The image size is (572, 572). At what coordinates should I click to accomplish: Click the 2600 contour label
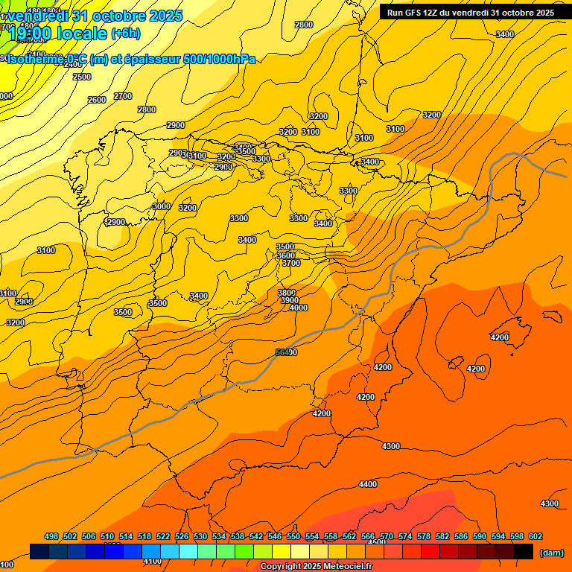click(97, 100)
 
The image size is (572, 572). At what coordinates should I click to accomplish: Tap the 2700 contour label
click(123, 96)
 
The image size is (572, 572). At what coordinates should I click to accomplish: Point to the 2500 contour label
click(82, 77)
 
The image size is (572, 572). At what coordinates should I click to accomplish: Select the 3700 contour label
click(291, 263)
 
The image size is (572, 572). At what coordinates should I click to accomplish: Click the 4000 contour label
click(299, 308)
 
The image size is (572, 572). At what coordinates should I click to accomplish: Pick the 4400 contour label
click(368, 484)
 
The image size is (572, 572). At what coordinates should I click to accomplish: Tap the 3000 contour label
click(162, 206)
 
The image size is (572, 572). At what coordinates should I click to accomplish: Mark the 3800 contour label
click(287, 293)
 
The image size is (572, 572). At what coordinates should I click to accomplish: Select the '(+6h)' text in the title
click(126, 34)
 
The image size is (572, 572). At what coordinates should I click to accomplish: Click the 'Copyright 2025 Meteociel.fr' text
click(316, 567)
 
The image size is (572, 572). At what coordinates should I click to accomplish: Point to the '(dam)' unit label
click(551, 553)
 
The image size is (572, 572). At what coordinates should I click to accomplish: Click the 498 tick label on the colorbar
click(51, 536)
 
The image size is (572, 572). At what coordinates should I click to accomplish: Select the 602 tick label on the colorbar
click(536, 536)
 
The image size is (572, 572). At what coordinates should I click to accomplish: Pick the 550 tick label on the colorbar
click(293, 536)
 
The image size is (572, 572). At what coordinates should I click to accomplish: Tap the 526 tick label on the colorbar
click(182, 536)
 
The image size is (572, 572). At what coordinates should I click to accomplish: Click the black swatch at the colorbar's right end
click(524, 551)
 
